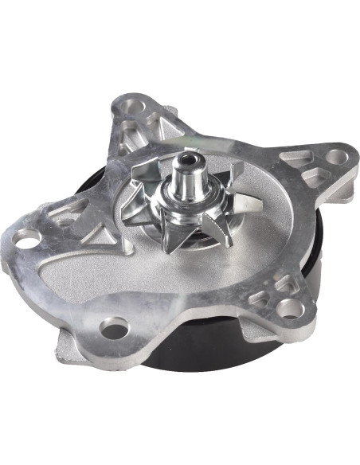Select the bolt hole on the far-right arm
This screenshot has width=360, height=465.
(335, 158)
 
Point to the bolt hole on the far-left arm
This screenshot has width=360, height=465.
(26, 236)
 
